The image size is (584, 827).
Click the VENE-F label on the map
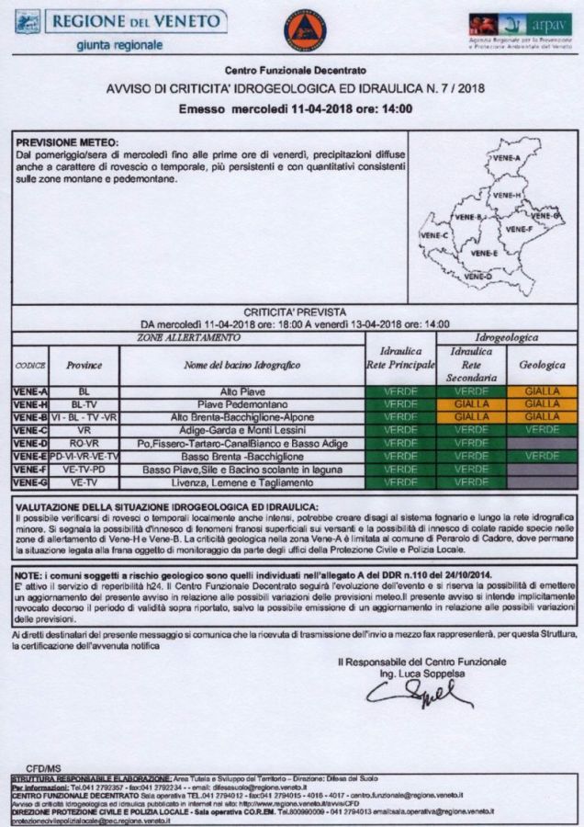(519, 229)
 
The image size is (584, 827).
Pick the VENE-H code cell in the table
(30, 403)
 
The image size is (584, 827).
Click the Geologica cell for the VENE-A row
(542, 391)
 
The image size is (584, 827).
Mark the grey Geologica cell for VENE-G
(542, 481)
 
